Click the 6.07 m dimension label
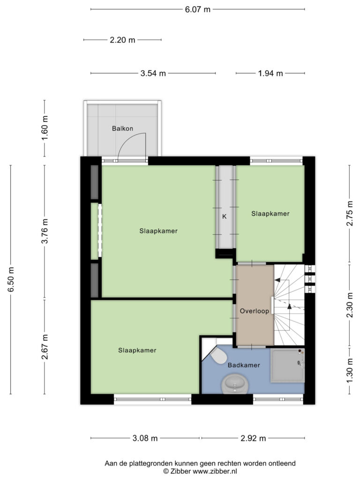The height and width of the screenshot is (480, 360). (x=197, y=9)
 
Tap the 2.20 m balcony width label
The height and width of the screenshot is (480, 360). (x=122, y=40)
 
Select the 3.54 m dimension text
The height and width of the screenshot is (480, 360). (x=153, y=74)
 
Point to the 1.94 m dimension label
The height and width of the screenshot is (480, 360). (x=270, y=74)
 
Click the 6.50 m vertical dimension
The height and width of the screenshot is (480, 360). (x=11, y=279)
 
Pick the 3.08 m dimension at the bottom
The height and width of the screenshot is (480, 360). (x=145, y=438)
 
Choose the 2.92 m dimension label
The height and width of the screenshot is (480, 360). (x=253, y=438)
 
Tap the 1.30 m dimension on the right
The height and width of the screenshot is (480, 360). (x=350, y=372)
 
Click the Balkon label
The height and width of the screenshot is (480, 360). (x=122, y=128)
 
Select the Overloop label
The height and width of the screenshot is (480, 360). (x=255, y=311)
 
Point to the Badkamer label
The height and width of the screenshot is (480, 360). (x=244, y=365)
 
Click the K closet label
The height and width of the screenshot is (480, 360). (x=225, y=217)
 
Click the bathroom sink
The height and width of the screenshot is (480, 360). (x=235, y=384)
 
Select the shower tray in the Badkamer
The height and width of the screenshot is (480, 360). (x=288, y=366)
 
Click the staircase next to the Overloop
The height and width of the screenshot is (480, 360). (x=289, y=305)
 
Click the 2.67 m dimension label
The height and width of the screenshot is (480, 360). (x=45, y=347)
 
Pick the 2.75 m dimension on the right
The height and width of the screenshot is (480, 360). (x=350, y=213)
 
